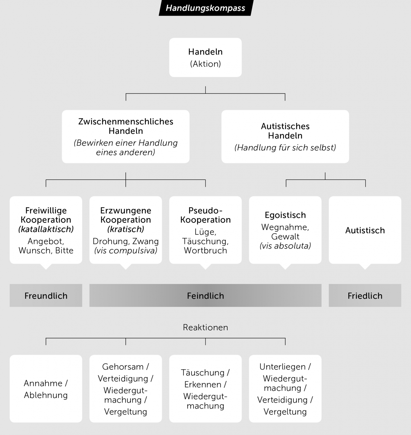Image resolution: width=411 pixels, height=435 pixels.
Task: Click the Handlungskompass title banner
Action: (x=205, y=8)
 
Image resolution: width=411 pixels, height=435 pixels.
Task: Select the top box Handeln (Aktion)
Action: (x=205, y=57)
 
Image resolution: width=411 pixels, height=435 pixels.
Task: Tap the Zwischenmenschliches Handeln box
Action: (x=126, y=137)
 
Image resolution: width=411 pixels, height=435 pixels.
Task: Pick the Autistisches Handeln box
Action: (x=285, y=137)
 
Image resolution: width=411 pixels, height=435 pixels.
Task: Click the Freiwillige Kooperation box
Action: (x=46, y=230)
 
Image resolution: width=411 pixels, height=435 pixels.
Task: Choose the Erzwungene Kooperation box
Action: (x=126, y=230)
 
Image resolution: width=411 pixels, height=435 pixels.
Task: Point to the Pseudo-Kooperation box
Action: (x=205, y=230)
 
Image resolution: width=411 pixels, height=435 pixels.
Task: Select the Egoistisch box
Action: (x=285, y=230)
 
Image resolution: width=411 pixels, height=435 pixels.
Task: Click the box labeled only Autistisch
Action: (x=365, y=230)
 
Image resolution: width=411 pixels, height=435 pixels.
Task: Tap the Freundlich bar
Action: (x=46, y=295)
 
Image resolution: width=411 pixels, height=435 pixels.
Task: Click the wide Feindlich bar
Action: (x=205, y=295)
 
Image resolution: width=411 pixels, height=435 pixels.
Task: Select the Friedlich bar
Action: (x=365, y=295)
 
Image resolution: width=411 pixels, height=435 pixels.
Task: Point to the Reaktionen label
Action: (x=205, y=327)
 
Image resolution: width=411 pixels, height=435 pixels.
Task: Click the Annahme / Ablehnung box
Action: (x=46, y=389)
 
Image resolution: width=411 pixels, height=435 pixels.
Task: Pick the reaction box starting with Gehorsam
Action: (x=126, y=389)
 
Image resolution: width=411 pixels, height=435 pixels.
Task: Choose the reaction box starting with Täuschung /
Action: (x=205, y=389)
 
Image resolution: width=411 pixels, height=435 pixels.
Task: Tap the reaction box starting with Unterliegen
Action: (x=285, y=389)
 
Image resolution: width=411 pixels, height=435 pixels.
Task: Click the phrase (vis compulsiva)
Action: (x=126, y=251)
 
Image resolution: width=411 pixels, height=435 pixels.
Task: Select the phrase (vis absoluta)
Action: (x=285, y=246)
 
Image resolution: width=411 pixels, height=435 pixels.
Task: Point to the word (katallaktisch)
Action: (x=46, y=229)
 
